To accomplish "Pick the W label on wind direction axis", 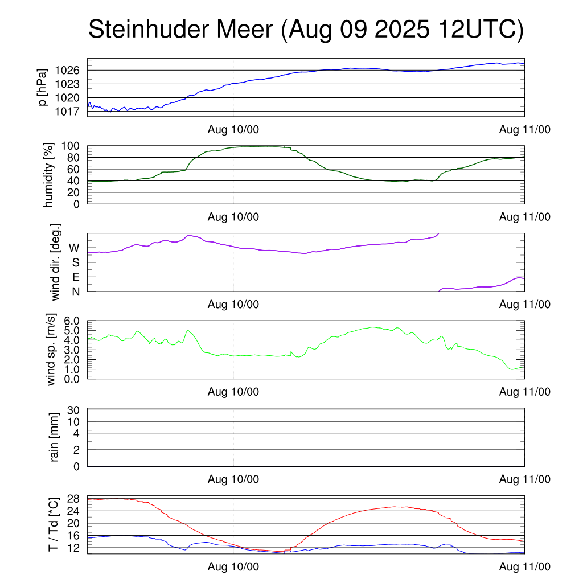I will [x=75, y=248].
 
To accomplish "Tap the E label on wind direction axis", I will [x=76, y=277].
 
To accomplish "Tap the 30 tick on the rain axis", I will [x=74, y=410].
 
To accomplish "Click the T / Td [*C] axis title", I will [x=54, y=524].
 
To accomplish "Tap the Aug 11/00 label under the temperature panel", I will [x=524, y=566].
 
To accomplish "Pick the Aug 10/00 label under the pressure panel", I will [x=233, y=130].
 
